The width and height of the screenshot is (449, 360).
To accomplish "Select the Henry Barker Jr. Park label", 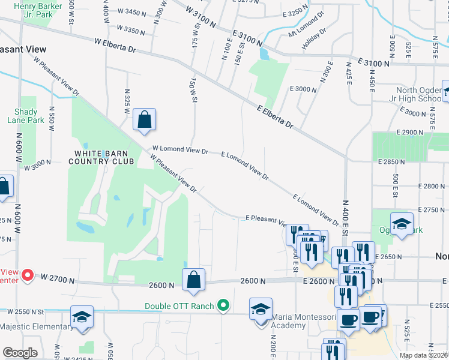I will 34,10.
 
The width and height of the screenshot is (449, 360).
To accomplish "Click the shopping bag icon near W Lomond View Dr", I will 145,119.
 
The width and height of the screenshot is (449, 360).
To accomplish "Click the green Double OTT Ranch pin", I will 223,306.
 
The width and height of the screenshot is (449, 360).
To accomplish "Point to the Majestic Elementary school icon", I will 82,317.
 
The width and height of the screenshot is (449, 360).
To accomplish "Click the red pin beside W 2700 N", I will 27,275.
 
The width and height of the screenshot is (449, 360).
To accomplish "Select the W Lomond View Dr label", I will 179,151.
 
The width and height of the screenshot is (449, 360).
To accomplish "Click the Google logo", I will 20,353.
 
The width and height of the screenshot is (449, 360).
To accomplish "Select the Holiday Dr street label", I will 315,38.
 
